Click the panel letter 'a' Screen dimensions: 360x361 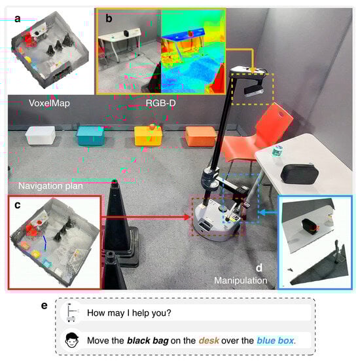[x=17, y=19]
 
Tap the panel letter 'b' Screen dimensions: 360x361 [x=109, y=18]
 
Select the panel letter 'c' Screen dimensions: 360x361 [x=18, y=205]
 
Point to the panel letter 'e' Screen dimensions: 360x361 [x=44, y=306]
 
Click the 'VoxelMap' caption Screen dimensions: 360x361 [x=49, y=103]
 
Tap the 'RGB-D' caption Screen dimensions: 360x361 [x=160, y=103]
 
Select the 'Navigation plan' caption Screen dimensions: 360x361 [x=50, y=186]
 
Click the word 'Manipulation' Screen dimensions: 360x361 [x=241, y=280]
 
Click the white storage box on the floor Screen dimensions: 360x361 [x=41, y=136]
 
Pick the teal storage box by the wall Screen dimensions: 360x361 [x=90, y=136]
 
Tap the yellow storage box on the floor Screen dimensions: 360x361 [x=148, y=136]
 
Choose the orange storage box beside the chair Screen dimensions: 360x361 [x=201, y=136]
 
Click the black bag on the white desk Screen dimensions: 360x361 [x=300, y=174]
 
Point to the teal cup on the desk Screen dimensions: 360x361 [x=277, y=151]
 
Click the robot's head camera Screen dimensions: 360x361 [x=254, y=90]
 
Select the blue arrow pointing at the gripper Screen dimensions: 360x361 [x=268, y=212]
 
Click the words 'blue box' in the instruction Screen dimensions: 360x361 [x=276, y=340]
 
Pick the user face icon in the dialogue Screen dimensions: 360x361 [x=72, y=340]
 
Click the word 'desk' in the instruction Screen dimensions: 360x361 [x=209, y=340]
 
